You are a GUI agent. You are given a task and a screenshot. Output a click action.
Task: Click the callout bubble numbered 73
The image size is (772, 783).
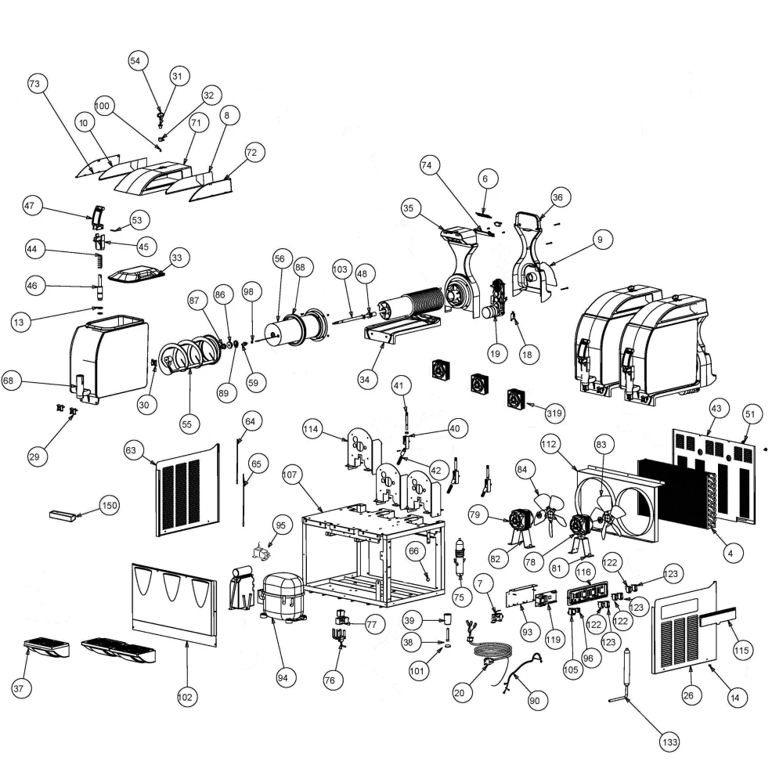coord(34,84)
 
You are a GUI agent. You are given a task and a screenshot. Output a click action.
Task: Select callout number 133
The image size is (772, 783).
coord(669,742)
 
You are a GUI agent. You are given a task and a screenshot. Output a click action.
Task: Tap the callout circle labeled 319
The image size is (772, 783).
coord(554,413)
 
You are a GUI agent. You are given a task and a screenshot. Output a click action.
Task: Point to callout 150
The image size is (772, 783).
coord(110,505)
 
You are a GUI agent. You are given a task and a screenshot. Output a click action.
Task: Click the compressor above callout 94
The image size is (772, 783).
coord(282,597)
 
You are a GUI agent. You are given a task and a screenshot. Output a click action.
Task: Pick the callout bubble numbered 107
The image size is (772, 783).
coord(290,474)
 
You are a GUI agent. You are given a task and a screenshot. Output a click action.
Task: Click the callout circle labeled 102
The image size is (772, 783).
coord(185,697)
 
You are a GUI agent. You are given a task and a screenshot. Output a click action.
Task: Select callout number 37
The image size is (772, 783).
coord(19,688)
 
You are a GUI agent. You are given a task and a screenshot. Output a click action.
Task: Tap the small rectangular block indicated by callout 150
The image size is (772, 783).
coord(63,516)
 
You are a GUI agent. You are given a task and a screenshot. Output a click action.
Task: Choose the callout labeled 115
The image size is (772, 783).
coord(741,650)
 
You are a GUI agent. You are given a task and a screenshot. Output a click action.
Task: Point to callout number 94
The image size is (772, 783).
coord(283,677)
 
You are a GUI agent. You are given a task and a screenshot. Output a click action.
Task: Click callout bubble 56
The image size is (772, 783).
coord(280,258)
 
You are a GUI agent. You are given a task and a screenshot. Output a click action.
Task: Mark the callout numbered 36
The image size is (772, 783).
coord(557,197)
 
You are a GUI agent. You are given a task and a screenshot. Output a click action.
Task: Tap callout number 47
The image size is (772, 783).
coord(30,206)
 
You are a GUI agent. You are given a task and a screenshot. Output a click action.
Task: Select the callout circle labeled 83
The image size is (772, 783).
coord(601,445)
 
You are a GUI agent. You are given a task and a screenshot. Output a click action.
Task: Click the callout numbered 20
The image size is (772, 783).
coord(460,693)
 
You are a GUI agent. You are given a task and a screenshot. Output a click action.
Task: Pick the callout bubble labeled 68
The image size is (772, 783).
coord(9,381)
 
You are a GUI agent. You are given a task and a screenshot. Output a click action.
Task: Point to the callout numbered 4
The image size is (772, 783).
coord(731,554)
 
